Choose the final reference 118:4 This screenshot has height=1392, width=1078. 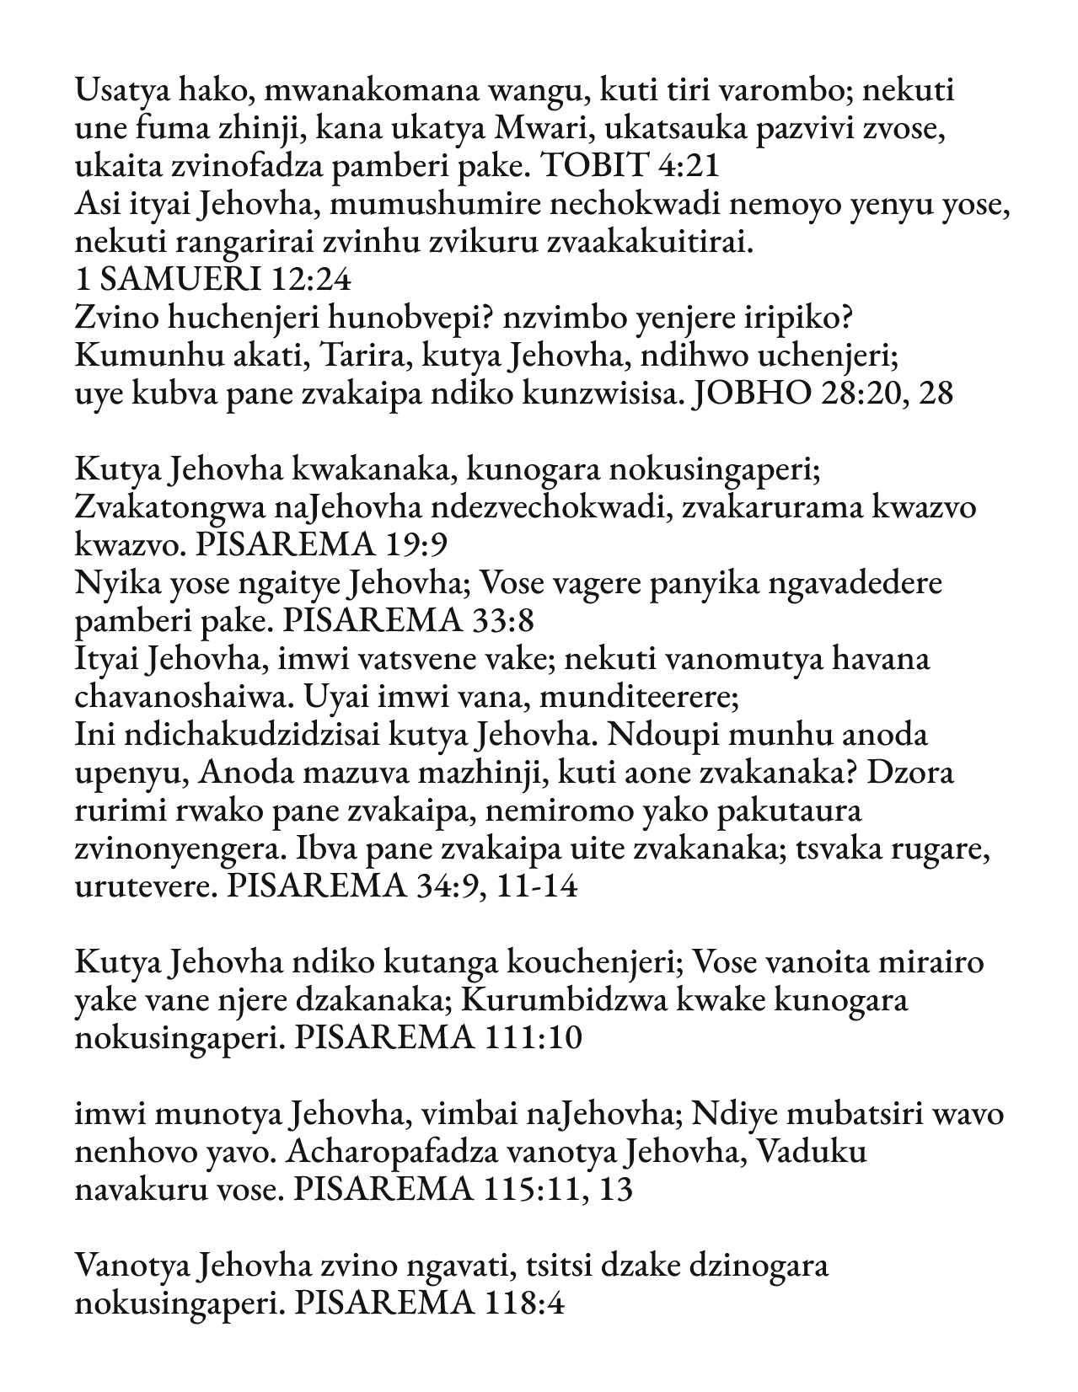(524, 1304)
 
